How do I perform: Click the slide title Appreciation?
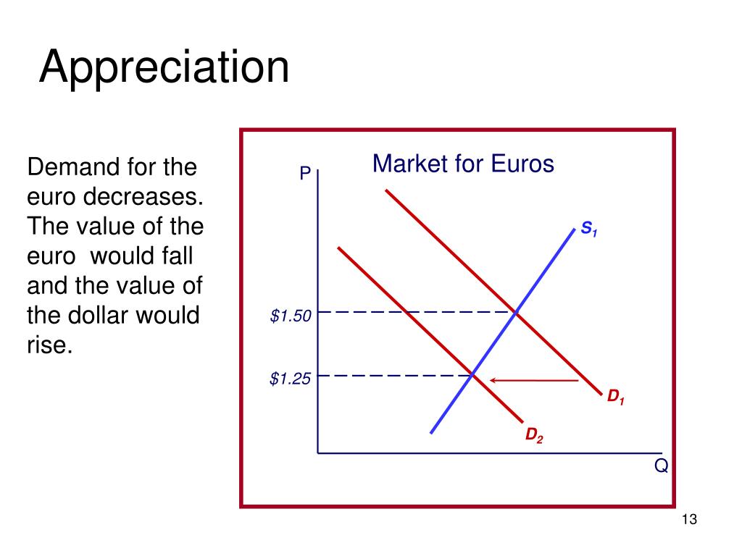point(164,67)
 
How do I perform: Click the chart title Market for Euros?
point(463,164)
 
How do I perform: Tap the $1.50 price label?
point(290,316)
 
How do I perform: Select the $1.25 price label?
point(290,379)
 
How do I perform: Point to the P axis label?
point(305,174)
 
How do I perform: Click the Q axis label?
point(661,466)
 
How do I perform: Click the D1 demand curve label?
point(616,397)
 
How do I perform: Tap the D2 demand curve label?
point(534,435)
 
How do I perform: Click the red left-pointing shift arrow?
point(534,379)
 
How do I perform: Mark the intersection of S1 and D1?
point(515,312)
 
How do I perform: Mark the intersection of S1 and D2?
point(472,375)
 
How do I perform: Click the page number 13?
point(688,520)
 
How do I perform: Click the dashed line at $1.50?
point(413,312)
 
